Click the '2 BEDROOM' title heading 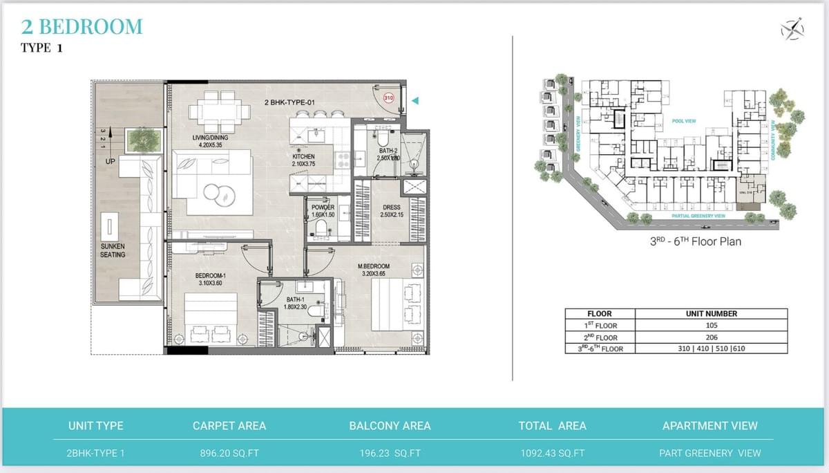82,27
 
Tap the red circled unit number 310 388,98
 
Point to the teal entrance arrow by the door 414,101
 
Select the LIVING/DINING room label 210,142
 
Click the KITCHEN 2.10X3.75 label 303,160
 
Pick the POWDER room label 323,211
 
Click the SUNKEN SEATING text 113,250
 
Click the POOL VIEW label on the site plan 684,121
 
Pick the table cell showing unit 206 711,337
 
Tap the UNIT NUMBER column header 711,313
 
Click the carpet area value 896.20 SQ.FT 229,453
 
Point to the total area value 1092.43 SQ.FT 552,453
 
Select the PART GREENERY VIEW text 709,453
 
